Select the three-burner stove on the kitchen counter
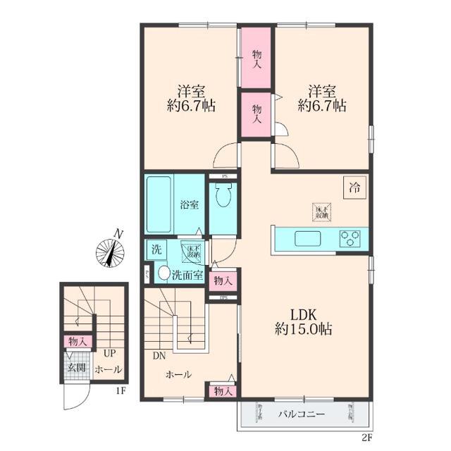pyautogui.click(x=350, y=238)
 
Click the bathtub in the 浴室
pyautogui.click(x=160, y=204)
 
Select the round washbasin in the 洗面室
pyautogui.click(x=163, y=274)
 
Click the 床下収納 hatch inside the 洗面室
pyautogui.click(x=192, y=250)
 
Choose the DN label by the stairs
pyautogui.click(x=159, y=356)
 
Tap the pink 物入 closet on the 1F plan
pyautogui.click(x=78, y=341)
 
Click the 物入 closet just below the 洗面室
pyautogui.click(x=221, y=280)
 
